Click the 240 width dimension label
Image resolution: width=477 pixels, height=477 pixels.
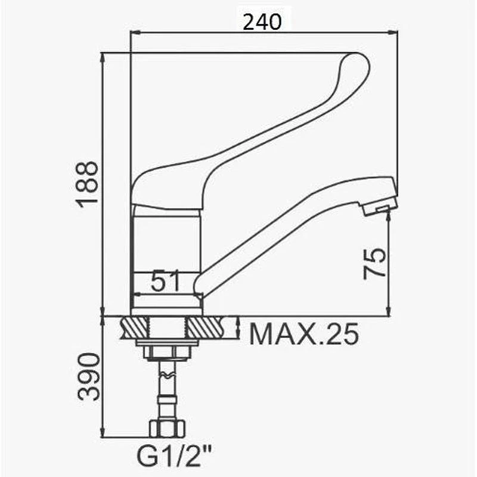pos(262,22)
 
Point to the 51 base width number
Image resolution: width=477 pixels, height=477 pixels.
pos(166,281)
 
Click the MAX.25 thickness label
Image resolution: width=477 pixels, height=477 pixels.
pos(304,334)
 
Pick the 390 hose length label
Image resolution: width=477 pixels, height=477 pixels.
pos(88,376)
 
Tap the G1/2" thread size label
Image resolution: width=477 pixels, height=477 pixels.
pos(175,456)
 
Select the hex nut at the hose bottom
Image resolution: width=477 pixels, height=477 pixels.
pos(167,429)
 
